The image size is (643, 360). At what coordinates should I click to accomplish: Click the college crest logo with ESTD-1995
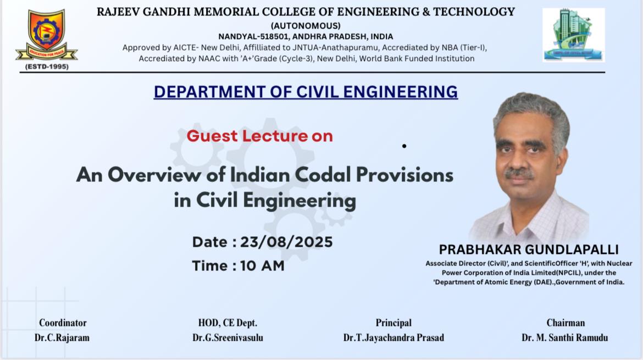coord(46,40)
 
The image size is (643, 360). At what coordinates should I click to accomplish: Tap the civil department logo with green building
coord(573,35)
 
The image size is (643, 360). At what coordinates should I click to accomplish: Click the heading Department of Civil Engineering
coord(306,92)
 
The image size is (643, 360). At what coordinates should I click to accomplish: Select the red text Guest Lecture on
coord(259,136)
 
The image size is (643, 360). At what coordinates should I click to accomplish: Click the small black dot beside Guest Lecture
coord(404,146)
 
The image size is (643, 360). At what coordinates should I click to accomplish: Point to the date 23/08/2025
coord(286,242)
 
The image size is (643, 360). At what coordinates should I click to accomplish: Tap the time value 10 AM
coord(262,265)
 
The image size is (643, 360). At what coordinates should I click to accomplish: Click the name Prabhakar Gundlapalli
coord(529,250)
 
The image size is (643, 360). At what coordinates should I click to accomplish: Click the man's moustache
coord(519,173)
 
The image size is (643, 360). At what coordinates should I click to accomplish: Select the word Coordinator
coord(63,323)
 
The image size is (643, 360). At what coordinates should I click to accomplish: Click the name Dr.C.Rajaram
coord(62,337)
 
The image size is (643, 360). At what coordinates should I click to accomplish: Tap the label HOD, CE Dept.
coord(228,323)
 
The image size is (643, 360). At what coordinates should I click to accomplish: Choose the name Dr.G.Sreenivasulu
coord(228,337)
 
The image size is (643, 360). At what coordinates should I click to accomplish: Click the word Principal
coord(393,323)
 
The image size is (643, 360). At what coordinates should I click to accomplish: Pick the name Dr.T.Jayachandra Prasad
coord(393,337)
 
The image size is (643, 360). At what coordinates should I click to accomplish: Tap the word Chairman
coord(566,323)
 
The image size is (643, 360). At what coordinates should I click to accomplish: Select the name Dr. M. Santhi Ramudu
coord(564,337)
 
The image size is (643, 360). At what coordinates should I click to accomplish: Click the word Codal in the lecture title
coord(323,175)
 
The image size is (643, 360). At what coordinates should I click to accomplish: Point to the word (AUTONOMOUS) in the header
coord(306,26)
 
